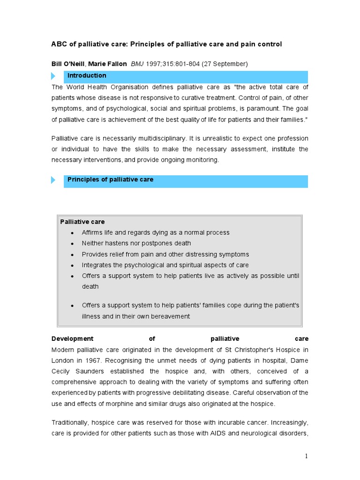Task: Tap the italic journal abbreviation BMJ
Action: pyautogui.click(x=138, y=64)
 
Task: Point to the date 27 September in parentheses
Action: pyautogui.click(x=225, y=64)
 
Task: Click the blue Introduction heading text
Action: pyautogui.click(x=87, y=75)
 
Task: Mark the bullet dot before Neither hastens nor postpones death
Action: pyautogui.click(x=72, y=244)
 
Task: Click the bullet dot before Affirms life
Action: pyautogui.click(x=72, y=233)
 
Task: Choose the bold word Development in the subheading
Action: pyautogui.click(x=72, y=338)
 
